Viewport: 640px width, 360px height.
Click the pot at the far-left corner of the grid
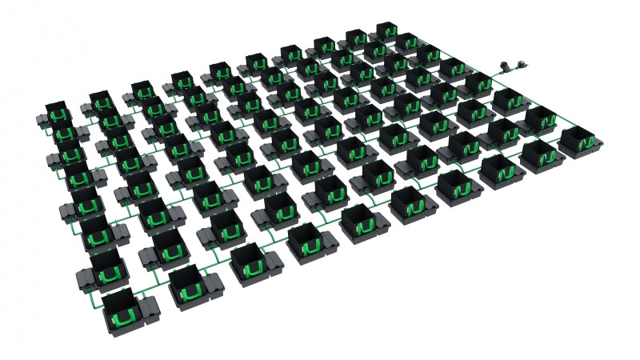[x=57, y=114]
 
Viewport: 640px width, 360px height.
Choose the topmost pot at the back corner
[x=386, y=32]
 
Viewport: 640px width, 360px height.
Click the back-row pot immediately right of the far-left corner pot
[x=100, y=102]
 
